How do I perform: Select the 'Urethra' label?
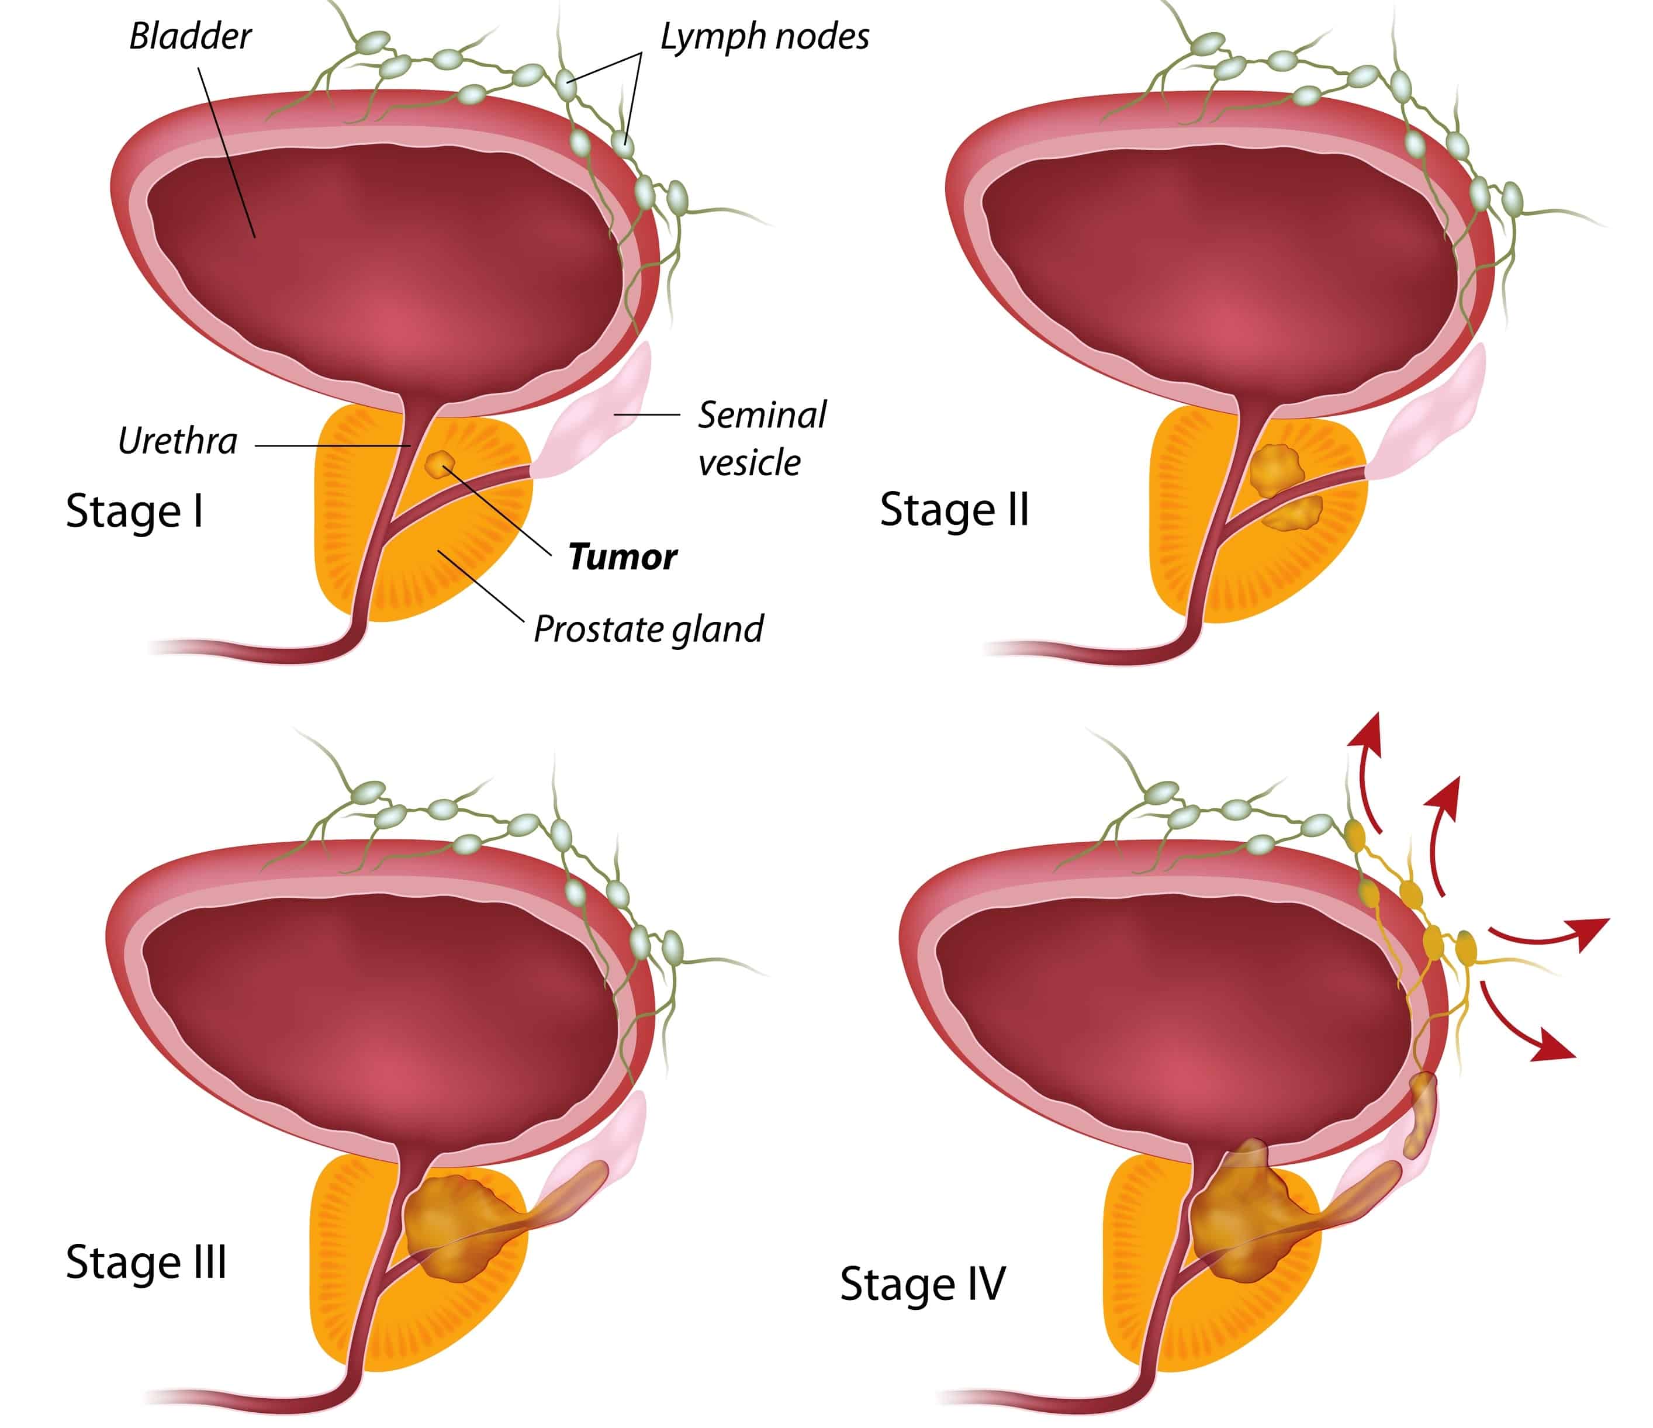click(x=177, y=441)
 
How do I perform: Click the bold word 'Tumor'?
click(x=623, y=557)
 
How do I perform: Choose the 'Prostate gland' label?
click(x=648, y=630)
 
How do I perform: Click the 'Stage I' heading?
click(x=134, y=511)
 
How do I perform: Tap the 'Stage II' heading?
click(x=954, y=510)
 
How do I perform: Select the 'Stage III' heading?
click(x=146, y=1262)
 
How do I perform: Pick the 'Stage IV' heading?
click(x=922, y=1284)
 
